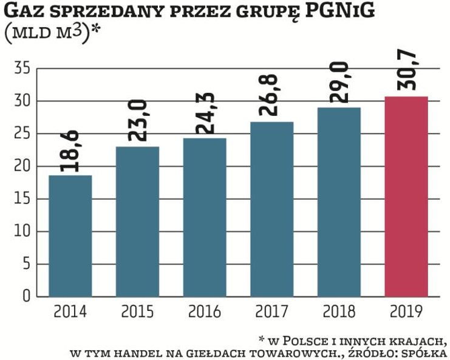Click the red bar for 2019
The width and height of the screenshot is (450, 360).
[406, 197]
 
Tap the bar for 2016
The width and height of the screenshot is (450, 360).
[205, 217]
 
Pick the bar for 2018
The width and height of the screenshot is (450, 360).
[339, 202]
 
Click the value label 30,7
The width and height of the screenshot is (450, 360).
[406, 72]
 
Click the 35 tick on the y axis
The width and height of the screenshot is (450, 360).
[21, 69]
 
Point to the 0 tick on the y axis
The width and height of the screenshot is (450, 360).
[26, 297]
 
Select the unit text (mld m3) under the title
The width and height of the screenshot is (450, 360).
[52, 33]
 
